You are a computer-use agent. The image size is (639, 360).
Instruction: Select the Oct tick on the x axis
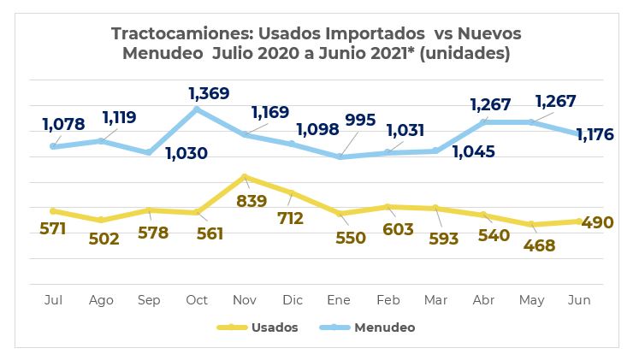coord(197,300)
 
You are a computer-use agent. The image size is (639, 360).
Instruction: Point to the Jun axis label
coord(580,300)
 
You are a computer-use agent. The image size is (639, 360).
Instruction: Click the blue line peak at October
coord(197,109)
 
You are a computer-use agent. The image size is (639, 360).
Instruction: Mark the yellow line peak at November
coord(246,177)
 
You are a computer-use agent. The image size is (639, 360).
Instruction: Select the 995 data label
coord(358,121)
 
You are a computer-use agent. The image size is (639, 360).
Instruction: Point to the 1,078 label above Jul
coord(63,125)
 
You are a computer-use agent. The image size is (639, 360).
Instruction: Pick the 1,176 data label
coord(598,135)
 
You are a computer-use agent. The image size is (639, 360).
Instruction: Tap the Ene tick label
coord(341,300)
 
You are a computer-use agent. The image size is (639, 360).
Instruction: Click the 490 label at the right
coord(598,222)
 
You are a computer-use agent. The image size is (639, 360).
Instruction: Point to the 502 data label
coord(104,239)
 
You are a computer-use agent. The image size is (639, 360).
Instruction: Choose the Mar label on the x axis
coord(436,300)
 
